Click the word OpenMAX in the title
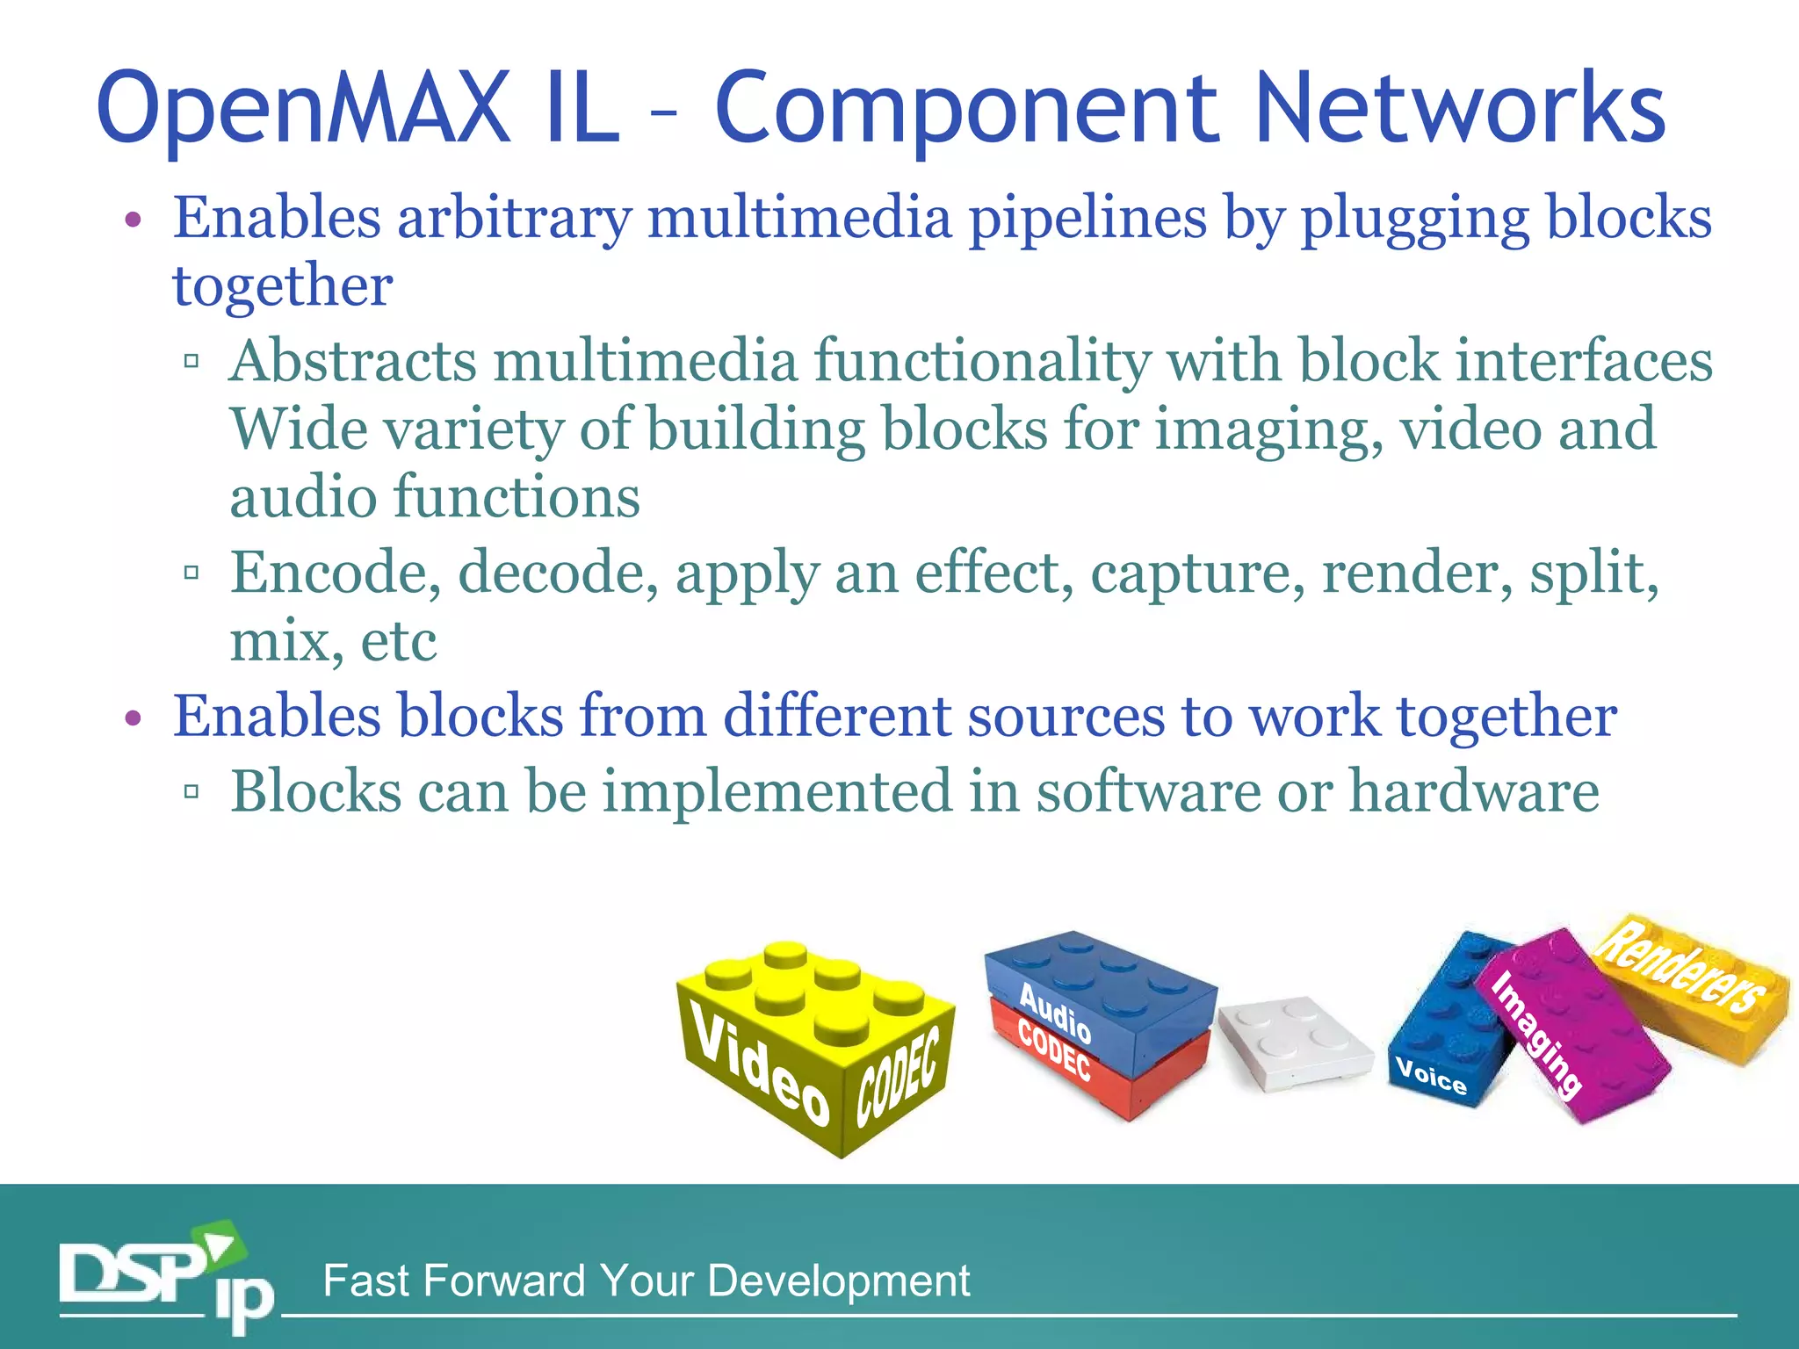[304, 110]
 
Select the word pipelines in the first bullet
[1087, 220]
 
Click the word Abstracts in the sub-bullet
[352, 361]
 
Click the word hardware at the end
[1473, 791]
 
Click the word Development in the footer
[838, 1281]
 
